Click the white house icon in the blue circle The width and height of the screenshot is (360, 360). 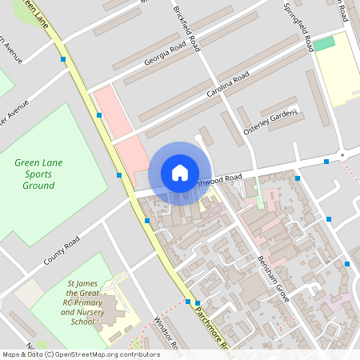[x=179, y=173]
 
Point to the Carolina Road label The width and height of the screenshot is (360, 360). [x=228, y=84]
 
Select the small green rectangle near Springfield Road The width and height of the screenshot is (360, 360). [x=324, y=43]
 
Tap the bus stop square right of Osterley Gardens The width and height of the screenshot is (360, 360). [x=326, y=162]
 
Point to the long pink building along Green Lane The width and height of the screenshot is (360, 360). [x=120, y=132]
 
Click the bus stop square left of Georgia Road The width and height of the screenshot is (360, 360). [x=63, y=58]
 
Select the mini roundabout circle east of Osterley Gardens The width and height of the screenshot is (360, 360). [x=343, y=154]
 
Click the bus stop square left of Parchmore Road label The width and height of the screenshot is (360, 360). [x=188, y=302]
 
